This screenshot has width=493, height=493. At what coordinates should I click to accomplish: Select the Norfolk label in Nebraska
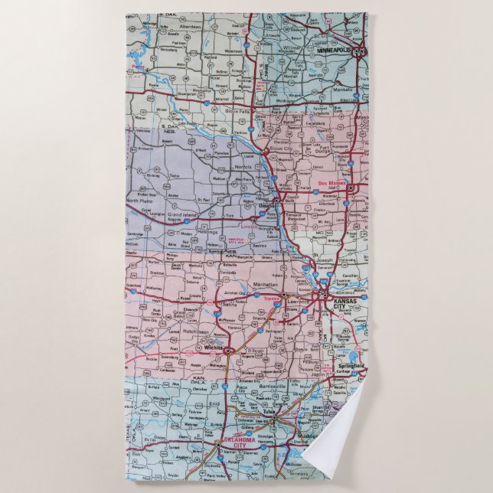tap(243, 166)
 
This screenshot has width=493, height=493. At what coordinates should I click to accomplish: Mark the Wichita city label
tap(213, 348)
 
